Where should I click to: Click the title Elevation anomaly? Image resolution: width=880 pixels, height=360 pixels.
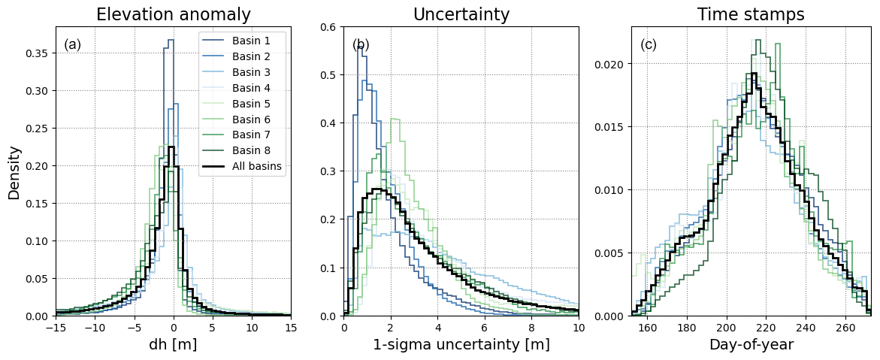(x=174, y=14)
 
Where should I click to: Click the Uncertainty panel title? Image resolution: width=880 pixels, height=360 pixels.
(x=461, y=14)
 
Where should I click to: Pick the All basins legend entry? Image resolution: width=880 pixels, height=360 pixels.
(x=258, y=167)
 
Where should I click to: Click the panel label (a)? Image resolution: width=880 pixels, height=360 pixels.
(x=73, y=45)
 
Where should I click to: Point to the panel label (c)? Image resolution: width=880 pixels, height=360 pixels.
(x=649, y=45)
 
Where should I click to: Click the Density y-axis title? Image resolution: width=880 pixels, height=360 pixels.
(x=14, y=172)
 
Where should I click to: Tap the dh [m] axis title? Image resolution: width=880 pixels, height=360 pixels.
(x=174, y=345)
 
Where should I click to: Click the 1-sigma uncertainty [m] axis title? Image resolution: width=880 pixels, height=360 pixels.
(x=461, y=345)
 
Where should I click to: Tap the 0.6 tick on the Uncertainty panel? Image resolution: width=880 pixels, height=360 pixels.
(x=330, y=27)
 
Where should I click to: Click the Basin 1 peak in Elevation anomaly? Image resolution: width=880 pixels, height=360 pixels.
(x=171, y=41)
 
